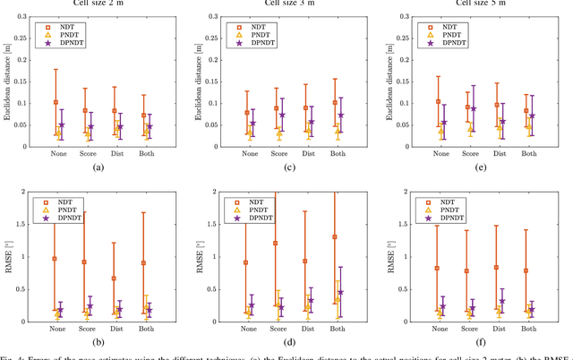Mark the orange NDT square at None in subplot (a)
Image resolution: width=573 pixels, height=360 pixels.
click(56, 102)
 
